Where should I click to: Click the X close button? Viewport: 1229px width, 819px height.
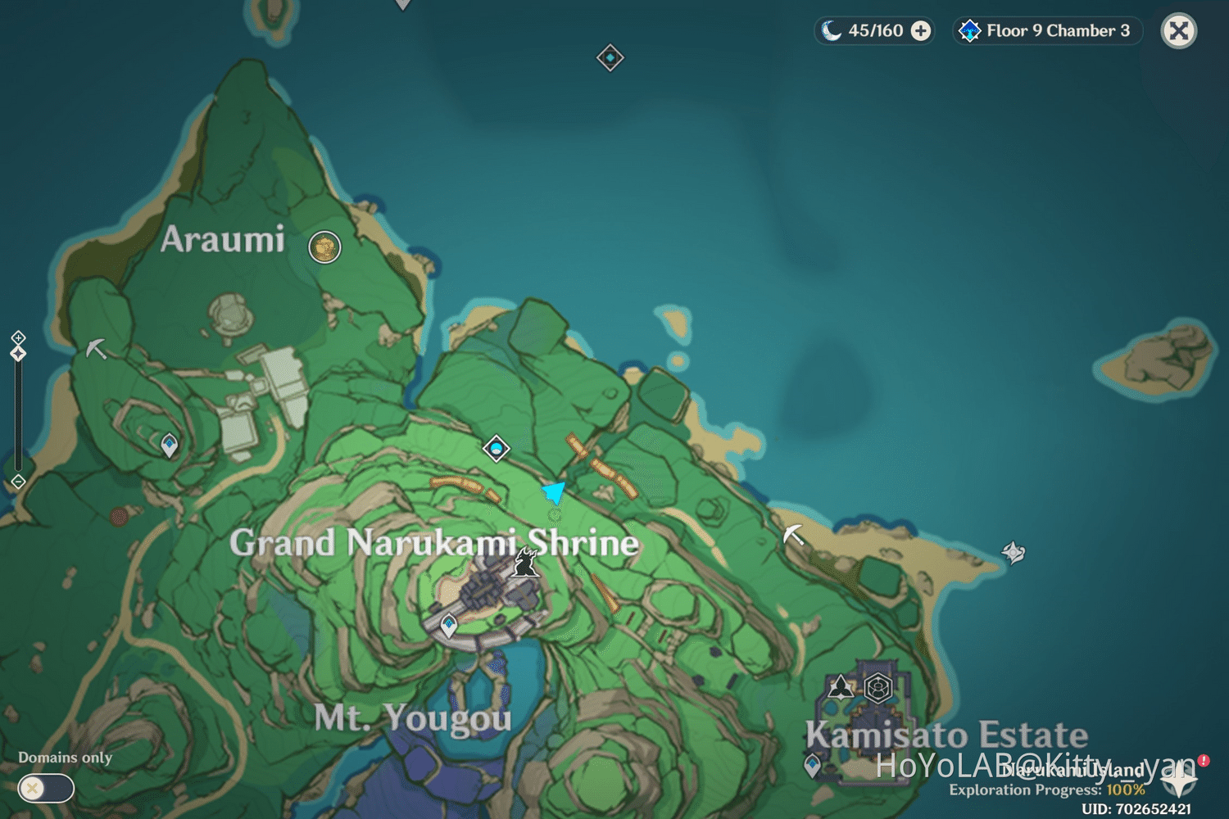1179,31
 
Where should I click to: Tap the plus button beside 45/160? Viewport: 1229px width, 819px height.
921,31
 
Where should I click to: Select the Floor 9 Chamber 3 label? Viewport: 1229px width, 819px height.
1057,31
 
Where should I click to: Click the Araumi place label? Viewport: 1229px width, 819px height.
223,239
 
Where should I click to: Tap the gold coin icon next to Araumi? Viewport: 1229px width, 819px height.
324,247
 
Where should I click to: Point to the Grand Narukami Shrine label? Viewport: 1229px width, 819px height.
433,543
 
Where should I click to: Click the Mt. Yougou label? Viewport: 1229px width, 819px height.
413,718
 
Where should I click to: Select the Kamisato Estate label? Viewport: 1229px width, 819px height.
946,735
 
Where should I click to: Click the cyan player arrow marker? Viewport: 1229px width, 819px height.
555,492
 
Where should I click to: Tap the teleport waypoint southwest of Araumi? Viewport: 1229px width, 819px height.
170,445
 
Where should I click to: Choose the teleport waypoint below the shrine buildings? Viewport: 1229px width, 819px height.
449,626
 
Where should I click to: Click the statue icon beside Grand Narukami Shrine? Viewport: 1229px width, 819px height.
525,563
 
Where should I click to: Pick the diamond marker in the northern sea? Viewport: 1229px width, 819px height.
610,58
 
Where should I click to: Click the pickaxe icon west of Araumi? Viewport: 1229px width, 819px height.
96,349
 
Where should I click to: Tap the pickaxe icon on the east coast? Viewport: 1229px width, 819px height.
792,535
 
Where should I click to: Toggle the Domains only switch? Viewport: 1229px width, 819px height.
46,788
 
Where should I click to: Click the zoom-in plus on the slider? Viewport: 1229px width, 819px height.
18,337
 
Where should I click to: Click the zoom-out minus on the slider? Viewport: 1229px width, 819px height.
18,482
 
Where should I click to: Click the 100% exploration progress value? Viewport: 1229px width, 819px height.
1125,790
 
